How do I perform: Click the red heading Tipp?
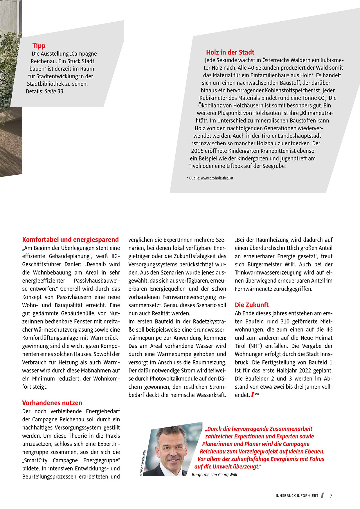(x=39, y=46)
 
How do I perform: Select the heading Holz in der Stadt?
(x=230, y=53)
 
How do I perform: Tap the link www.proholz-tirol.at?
(x=217, y=178)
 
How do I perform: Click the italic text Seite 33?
(x=54, y=92)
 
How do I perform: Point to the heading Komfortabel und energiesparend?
(x=71, y=240)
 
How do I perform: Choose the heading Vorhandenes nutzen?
(x=52, y=403)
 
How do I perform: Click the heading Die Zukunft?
(x=252, y=305)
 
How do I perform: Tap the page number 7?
(x=331, y=496)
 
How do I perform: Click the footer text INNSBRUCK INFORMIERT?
(x=297, y=496)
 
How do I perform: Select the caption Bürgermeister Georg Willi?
(x=214, y=474)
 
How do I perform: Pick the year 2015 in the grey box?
(x=197, y=151)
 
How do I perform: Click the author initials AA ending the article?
(x=257, y=394)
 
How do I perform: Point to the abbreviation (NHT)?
(x=255, y=346)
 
